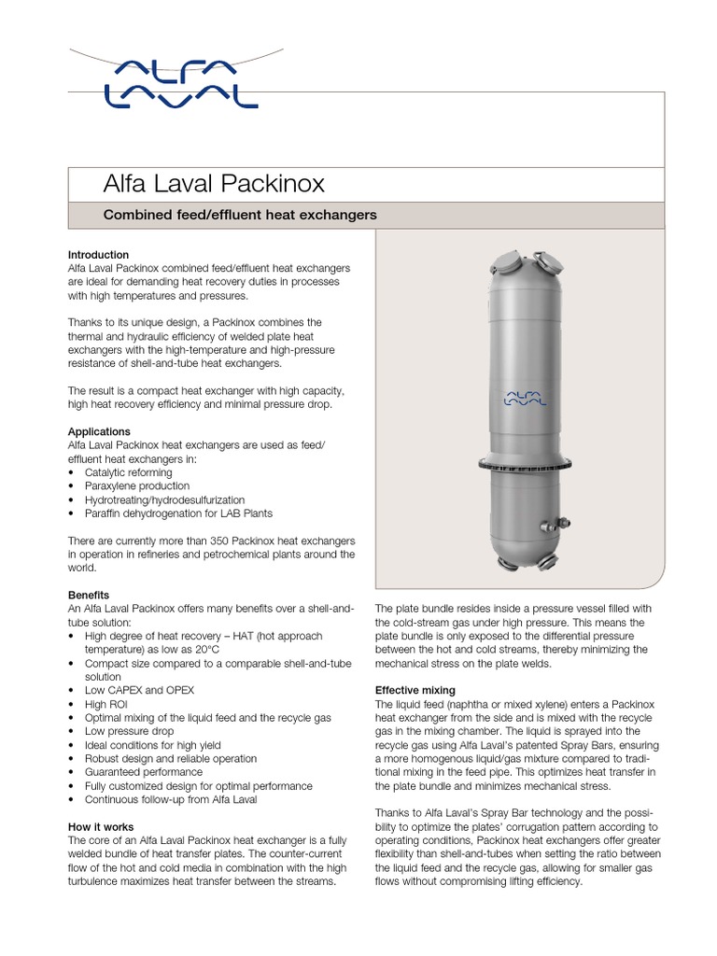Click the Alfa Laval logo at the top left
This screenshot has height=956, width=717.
point(179,81)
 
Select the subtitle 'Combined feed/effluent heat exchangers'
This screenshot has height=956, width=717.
point(239,215)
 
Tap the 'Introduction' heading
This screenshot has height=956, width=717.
point(98,254)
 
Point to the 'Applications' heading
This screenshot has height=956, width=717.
point(99,431)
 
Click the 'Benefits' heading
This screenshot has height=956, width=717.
point(89,595)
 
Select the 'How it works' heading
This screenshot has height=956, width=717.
point(101,826)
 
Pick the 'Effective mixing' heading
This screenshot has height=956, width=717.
point(415,690)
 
